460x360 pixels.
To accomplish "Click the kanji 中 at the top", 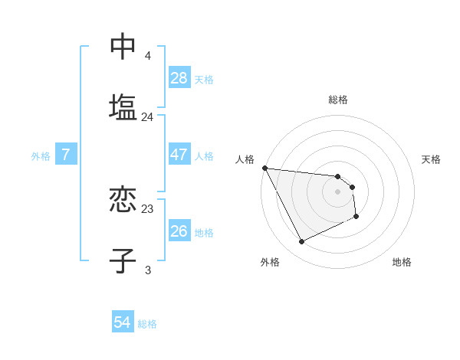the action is pyautogui.click(x=123, y=47).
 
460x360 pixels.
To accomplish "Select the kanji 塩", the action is pyautogui.click(x=123, y=106).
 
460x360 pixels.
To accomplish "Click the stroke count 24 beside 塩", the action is pyautogui.click(x=148, y=117).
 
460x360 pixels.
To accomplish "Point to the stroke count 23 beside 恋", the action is pyautogui.click(x=148, y=208).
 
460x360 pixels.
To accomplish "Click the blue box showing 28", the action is pyautogui.click(x=179, y=78).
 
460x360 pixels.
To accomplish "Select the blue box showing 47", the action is pyautogui.click(x=179, y=155).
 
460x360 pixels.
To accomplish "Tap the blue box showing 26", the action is pyautogui.click(x=179, y=231).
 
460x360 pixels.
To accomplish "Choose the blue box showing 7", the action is pyautogui.click(x=66, y=155).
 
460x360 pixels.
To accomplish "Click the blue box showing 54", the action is pyautogui.click(x=123, y=323).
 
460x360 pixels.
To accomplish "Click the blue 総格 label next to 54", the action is pyautogui.click(x=147, y=324).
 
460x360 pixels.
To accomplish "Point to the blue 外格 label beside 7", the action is pyautogui.click(x=41, y=156).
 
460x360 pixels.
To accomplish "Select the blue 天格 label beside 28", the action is pyautogui.click(x=204, y=80).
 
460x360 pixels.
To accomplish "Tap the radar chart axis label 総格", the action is pyautogui.click(x=338, y=100).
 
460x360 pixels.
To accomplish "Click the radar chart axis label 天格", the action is pyautogui.click(x=432, y=159).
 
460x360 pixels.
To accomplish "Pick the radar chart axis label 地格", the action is pyautogui.click(x=402, y=262).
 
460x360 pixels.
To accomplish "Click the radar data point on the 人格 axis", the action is pyautogui.click(x=264, y=168).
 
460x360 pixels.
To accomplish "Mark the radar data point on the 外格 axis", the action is pyautogui.click(x=301, y=242).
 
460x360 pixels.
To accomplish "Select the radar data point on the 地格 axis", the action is pyautogui.click(x=356, y=217).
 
